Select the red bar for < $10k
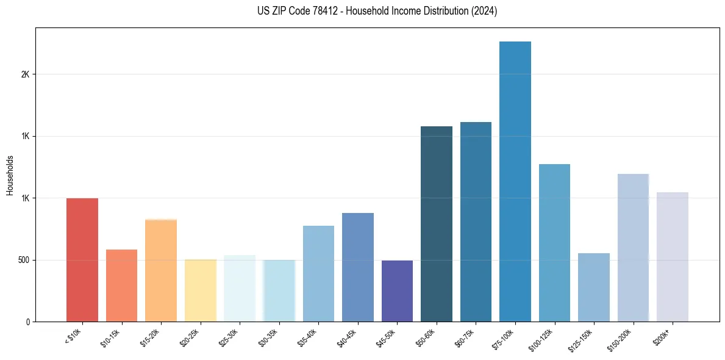(82, 260)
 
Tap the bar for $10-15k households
(121, 286)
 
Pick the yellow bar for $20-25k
(200, 290)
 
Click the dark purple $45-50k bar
(397, 291)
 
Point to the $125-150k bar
(593, 287)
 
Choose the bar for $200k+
(672, 257)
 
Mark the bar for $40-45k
(358, 267)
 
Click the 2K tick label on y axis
(25, 74)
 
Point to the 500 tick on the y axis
(23, 260)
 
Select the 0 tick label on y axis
(27, 322)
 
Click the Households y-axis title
(10, 175)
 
